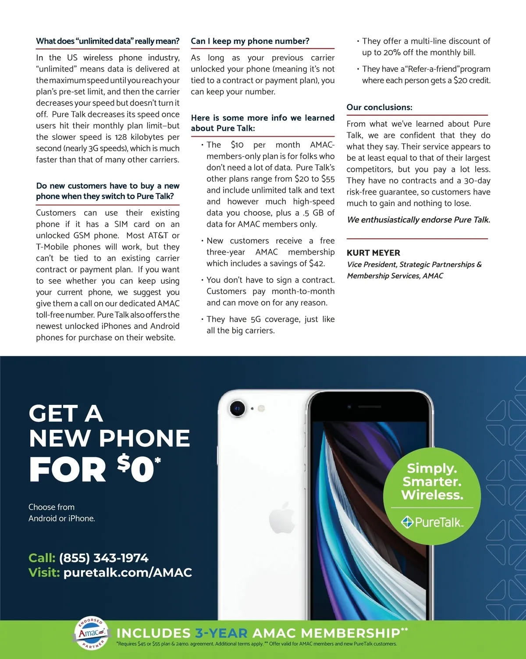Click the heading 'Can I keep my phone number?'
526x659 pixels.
click(x=250, y=41)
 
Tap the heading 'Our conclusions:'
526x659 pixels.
click(x=379, y=107)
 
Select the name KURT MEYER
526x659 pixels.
click(x=373, y=253)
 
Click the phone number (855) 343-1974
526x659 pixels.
click(x=104, y=558)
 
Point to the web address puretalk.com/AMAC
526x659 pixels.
click(x=128, y=572)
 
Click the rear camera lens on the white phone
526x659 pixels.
click(x=237, y=408)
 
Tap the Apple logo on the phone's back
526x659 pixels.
click(x=282, y=518)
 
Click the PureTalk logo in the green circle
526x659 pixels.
click(x=432, y=522)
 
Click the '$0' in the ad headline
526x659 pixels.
click(x=136, y=469)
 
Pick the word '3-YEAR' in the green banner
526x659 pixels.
click(x=221, y=633)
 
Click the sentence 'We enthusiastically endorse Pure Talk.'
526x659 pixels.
click(x=418, y=220)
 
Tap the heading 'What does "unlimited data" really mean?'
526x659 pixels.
click(x=108, y=41)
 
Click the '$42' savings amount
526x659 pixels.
click(x=316, y=263)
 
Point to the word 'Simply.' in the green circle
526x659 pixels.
click(x=432, y=468)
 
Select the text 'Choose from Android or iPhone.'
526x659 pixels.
click(x=61, y=513)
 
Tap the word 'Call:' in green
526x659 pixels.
click(x=42, y=558)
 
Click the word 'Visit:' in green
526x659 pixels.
click(x=44, y=572)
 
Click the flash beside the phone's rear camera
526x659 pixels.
click(x=261, y=408)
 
